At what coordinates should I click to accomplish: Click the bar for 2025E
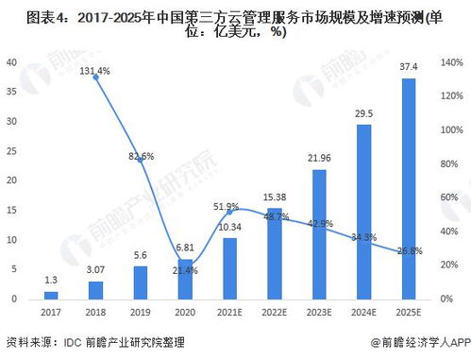(x=407, y=189)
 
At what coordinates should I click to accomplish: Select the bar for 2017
(x=51, y=296)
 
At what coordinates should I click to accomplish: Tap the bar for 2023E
(x=318, y=235)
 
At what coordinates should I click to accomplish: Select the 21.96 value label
(x=319, y=157)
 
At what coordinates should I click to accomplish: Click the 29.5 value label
(x=363, y=114)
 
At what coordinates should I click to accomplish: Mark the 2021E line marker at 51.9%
(x=229, y=212)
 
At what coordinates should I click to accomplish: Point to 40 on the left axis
(x=12, y=62)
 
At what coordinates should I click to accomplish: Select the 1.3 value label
(x=51, y=280)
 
